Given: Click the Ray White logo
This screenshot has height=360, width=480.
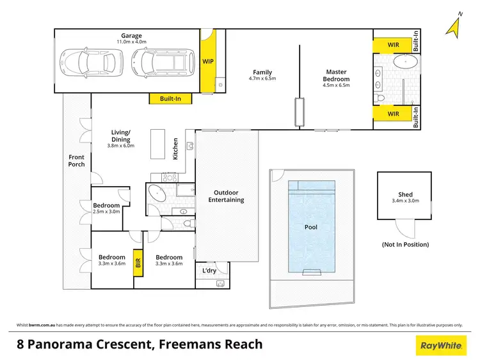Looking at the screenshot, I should point(441,346).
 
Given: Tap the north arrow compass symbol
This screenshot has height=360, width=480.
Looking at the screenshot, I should point(455,26).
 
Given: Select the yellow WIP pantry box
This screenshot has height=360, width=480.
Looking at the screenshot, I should point(208,62).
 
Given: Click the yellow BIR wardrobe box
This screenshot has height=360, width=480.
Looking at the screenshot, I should point(137,262).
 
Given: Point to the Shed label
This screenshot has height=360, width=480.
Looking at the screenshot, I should point(405,194).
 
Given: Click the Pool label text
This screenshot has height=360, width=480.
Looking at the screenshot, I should point(310,226).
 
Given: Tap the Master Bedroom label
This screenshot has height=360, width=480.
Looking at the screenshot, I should point(336,75).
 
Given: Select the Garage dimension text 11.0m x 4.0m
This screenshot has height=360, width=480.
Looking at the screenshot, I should point(131,42).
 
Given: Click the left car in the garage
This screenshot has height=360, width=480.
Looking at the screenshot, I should point(85,62).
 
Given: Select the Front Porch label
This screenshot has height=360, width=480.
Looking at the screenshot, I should point(76,160).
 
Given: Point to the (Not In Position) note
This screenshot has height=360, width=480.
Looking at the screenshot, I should point(405,244).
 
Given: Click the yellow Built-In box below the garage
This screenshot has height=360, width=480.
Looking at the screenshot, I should point(170,98).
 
